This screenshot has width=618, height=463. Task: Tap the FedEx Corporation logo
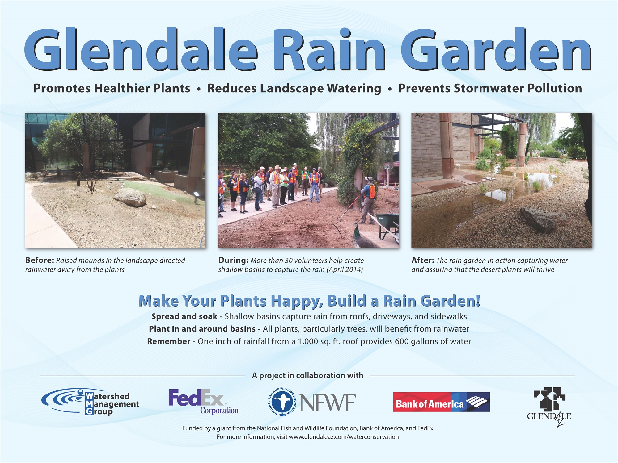click(x=204, y=402)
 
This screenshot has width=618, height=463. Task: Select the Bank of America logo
click(x=441, y=402)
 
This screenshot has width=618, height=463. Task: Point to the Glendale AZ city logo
click(x=549, y=407)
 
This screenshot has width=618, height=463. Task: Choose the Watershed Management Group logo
click(x=90, y=401)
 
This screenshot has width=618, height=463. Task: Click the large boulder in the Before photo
click(x=130, y=197)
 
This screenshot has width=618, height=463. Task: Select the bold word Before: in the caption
click(x=40, y=260)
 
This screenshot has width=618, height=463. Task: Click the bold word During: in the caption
click(x=233, y=260)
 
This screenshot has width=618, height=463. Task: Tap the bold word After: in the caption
click(x=423, y=260)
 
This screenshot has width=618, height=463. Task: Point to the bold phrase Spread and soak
click(x=184, y=316)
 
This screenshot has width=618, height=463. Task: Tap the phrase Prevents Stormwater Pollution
click(x=490, y=88)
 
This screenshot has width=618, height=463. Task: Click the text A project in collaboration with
click(x=307, y=376)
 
